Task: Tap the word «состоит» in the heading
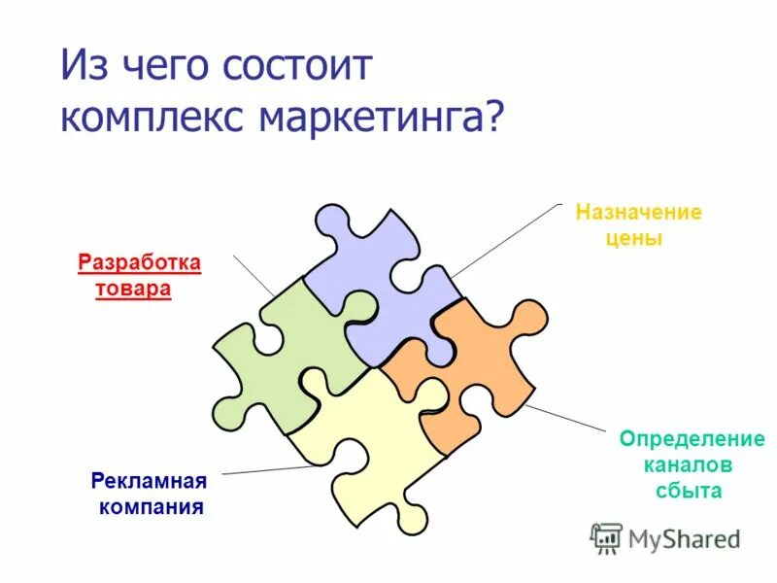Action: (x=297, y=68)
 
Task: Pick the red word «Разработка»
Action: (x=139, y=262)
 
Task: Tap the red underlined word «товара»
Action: (x=133, y=290)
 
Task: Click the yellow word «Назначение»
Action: (x=638, y=212)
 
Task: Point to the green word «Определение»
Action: (x=692, y=439)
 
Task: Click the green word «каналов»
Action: (x=687, y=464)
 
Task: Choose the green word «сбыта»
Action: (x=687, y=491)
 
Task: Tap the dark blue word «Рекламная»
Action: (x=150, y=481)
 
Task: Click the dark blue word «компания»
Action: (x=151, y=507)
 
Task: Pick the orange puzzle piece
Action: (x=466, y=369)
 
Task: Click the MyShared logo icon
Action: (x=606, y=537)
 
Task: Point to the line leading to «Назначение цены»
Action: (x=505, y=239)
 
